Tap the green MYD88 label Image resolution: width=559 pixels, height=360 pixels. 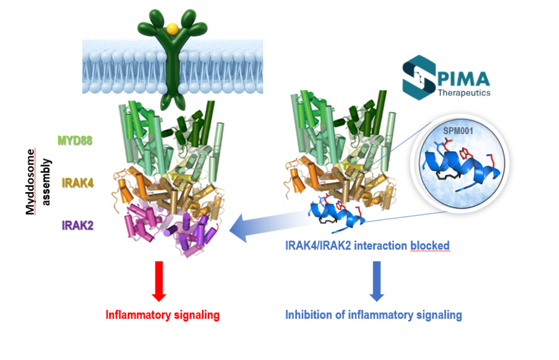[x=75, y=141]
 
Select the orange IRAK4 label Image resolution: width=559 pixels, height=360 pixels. [x=78, y=182]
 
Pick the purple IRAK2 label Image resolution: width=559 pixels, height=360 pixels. [x=78, y=224]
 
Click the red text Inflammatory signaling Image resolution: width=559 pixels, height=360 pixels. [x=162, y=314]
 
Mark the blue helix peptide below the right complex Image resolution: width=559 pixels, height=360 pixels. [x=337, y=214]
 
